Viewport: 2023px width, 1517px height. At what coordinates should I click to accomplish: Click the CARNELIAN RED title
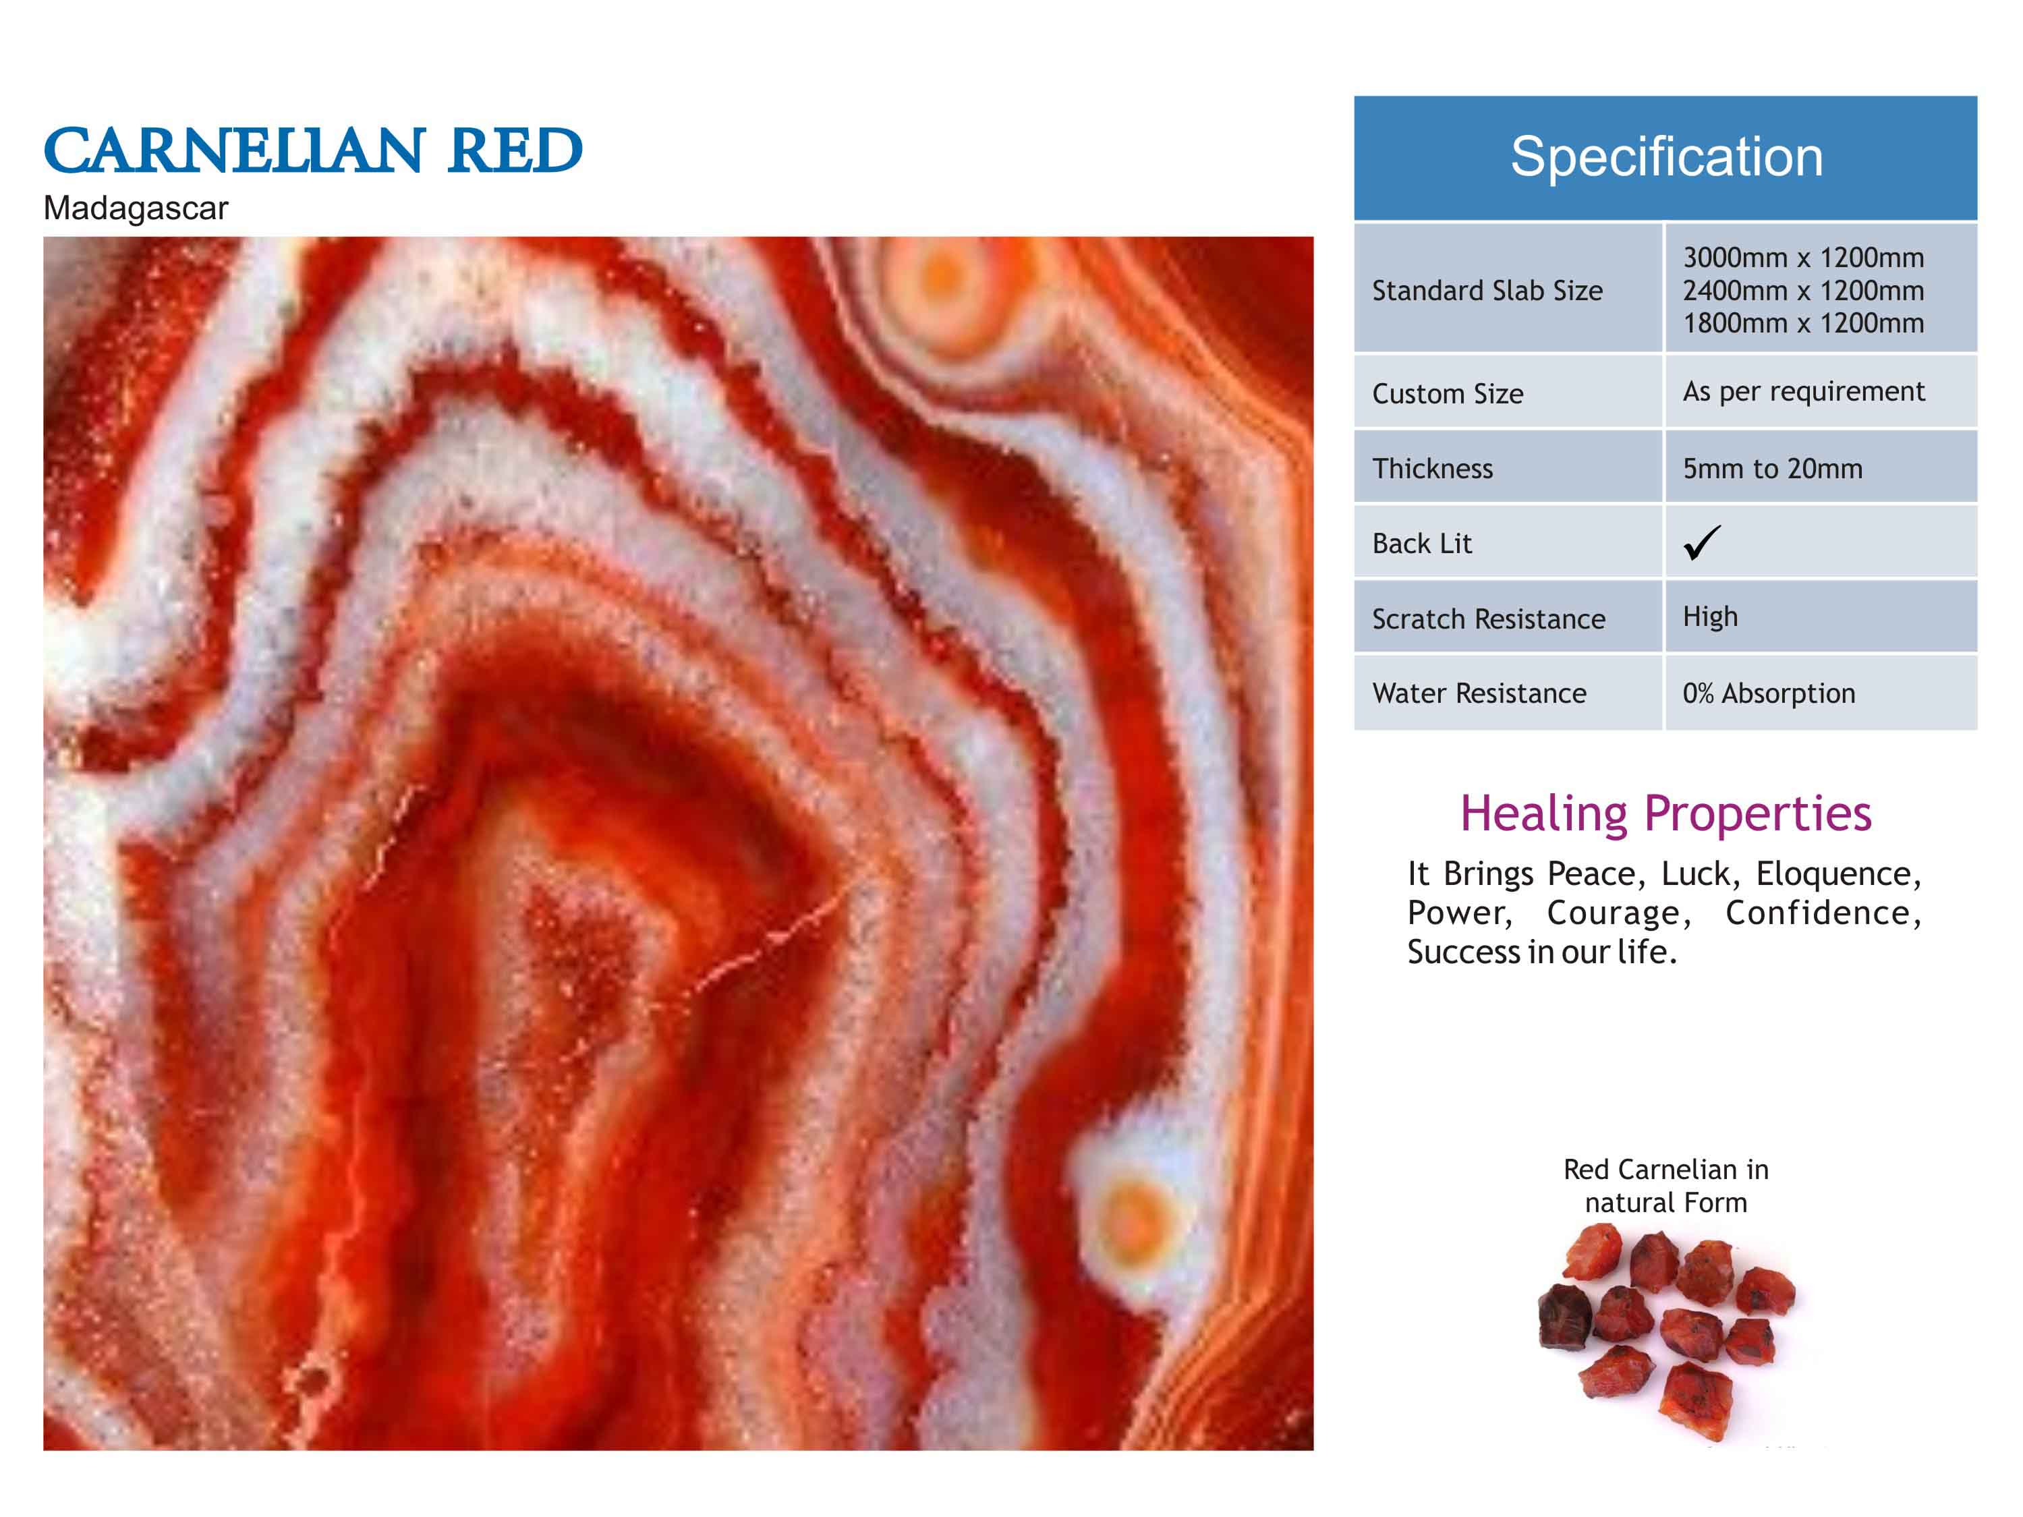pyautogui.click(x=313, y=151)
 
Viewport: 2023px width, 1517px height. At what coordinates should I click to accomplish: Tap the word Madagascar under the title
pyautogui.click(x=136, y=208)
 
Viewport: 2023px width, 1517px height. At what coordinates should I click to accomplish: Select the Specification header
pyautogui.click(x=1665, y=156)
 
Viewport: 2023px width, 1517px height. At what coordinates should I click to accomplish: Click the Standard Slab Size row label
pyautogui.click(x=1487, y=291)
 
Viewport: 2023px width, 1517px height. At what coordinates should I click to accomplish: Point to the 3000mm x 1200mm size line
pyautogui.click(x=1802, y=258)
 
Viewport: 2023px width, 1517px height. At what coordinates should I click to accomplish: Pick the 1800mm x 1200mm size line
pyautogui.click(x=1802, y=323)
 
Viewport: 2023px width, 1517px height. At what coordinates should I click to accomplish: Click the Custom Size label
pyautogui.click(x=1447, y=394)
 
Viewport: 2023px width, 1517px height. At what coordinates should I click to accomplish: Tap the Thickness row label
pyautogui.click(x=1432, y=468)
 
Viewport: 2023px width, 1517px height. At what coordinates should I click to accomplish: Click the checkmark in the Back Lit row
pyautogui.click(x=1702, y=542)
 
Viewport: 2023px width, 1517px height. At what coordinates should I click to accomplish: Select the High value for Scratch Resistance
pyautogui.click(x=1710, y=617)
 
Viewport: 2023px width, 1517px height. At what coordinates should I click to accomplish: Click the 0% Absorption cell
pyautogui.click(x=1769, y=693)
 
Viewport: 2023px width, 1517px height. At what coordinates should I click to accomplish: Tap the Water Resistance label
pyautogui.click(x=1479, y=693)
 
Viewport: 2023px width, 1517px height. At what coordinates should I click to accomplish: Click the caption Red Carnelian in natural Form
pyautogui.click(x=1665, y=1185)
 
